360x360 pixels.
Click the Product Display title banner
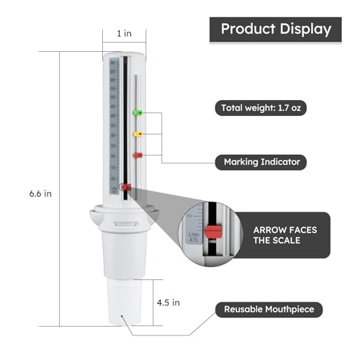point(276,30)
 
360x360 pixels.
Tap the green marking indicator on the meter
point(137,112)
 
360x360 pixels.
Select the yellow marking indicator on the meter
point(137,133)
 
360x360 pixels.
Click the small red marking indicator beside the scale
point(137,155)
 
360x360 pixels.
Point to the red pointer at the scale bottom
point(125,189)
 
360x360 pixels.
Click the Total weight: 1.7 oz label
point(266,108)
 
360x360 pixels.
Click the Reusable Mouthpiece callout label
point(269,310)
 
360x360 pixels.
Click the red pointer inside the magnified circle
point(212,232)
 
